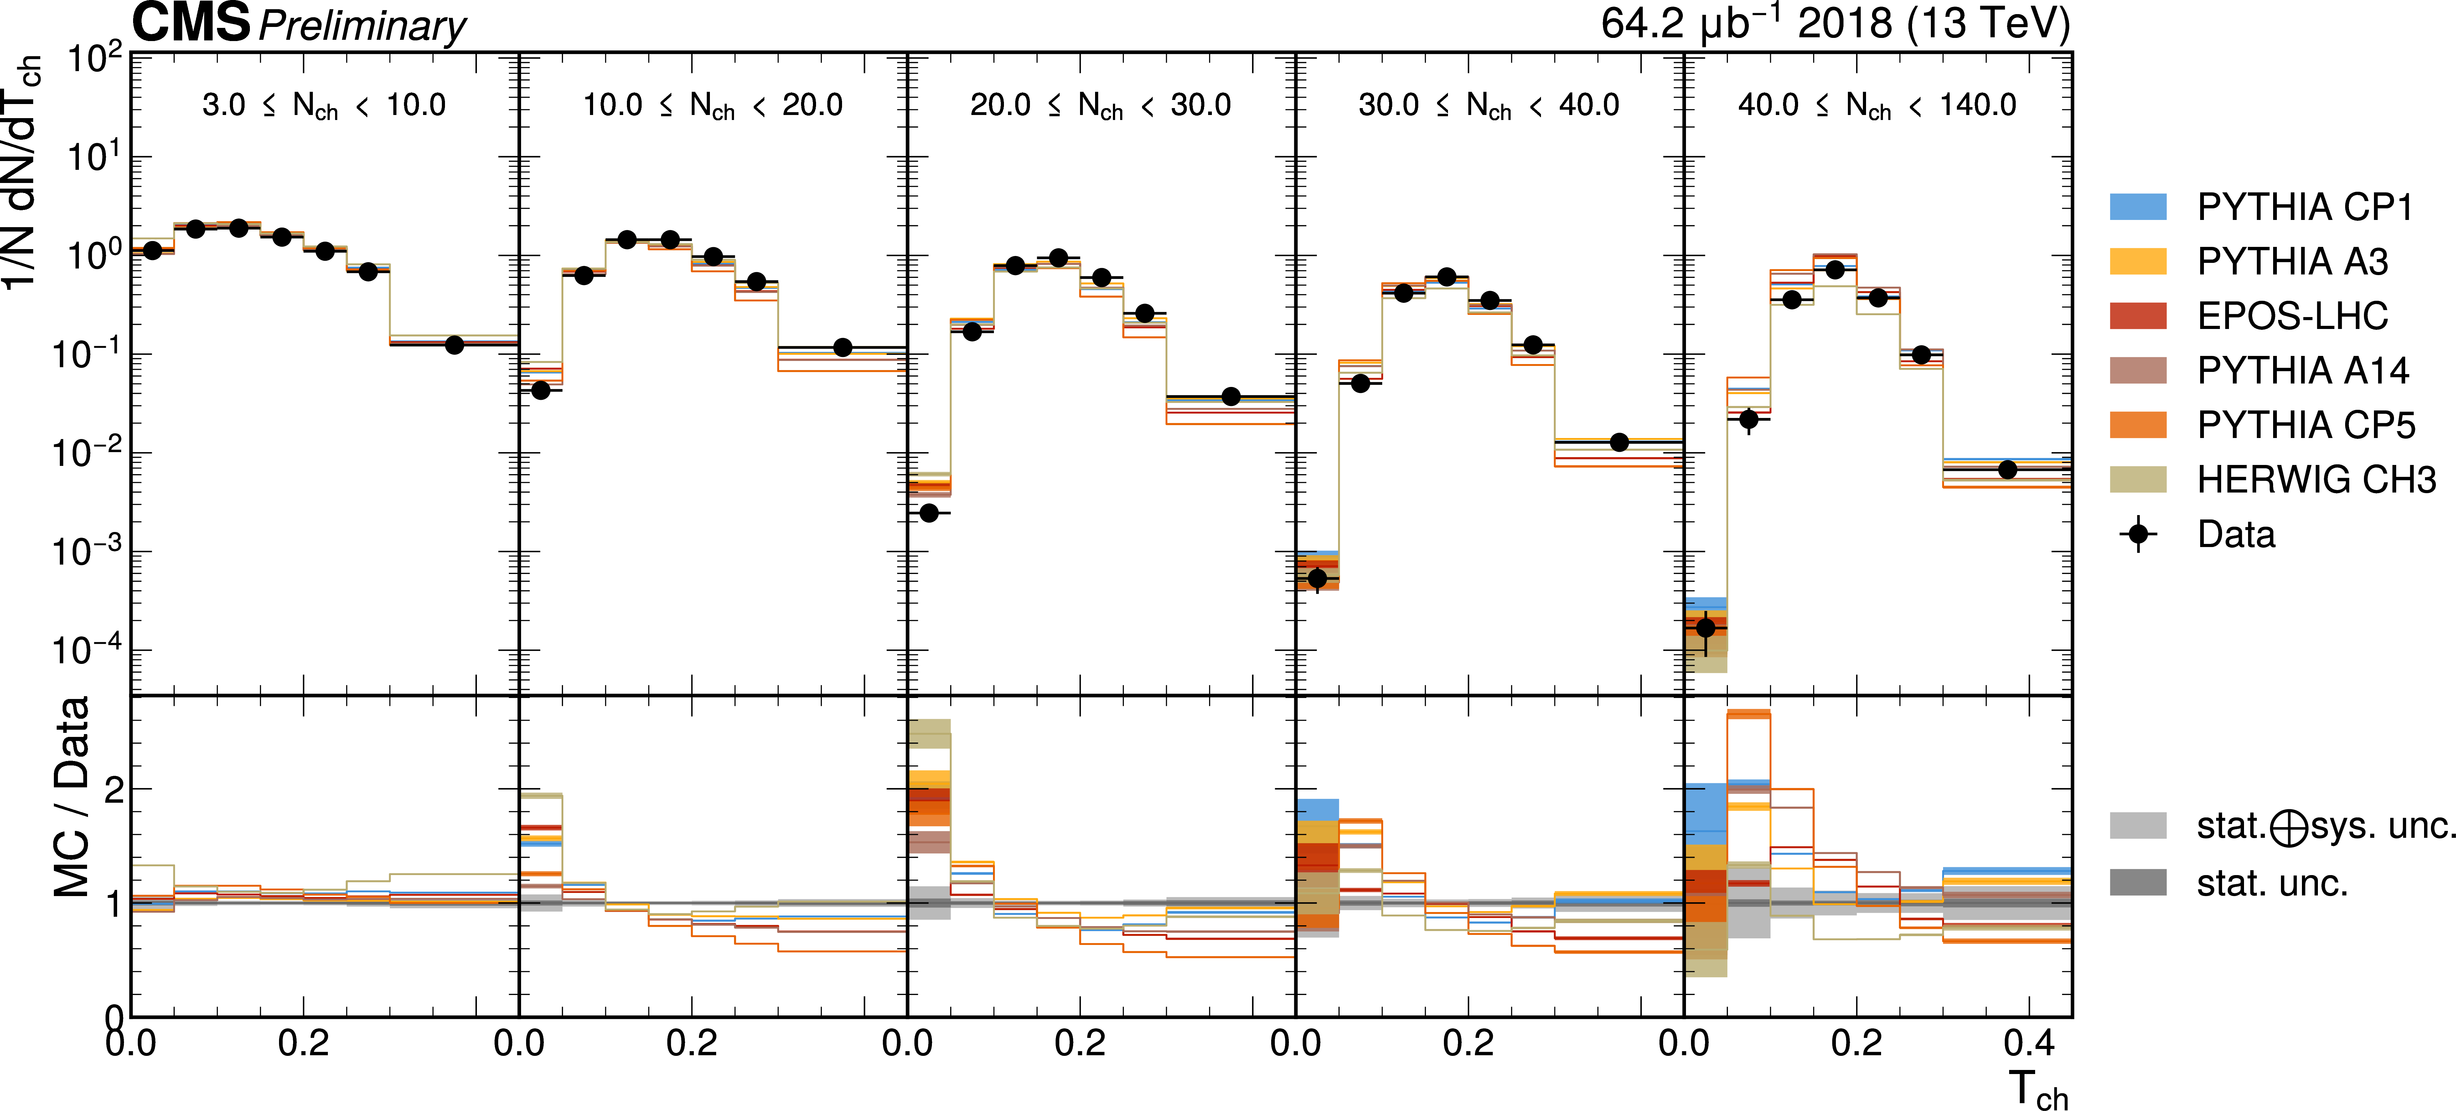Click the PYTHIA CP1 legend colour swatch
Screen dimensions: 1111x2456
point(2138,207)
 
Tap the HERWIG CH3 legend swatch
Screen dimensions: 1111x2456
point(2138,479)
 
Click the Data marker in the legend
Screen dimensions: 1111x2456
point(2138,534)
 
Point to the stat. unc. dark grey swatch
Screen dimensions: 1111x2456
point(2138,882)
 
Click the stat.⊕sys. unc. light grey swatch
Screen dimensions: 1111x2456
point(2138,826)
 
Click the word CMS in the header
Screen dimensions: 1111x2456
point(191,23)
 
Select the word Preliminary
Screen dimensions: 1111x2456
point(362,27)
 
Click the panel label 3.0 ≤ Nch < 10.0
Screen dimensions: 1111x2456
point(324,105)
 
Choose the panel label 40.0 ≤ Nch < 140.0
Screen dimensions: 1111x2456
point(1876,105)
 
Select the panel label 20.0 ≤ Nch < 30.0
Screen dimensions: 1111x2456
point(1100,105)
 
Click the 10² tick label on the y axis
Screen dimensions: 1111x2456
point(95,59)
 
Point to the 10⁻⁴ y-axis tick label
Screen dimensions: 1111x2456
point(88,650)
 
